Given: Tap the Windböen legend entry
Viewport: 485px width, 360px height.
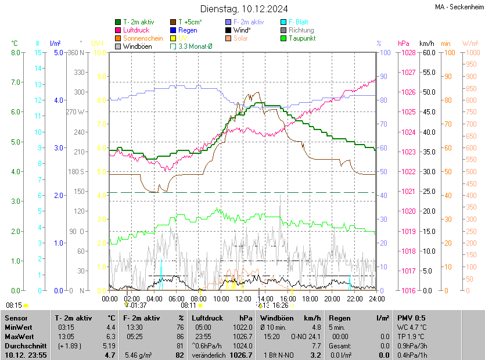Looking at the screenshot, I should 137,46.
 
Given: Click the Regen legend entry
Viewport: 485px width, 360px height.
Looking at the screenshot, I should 188,30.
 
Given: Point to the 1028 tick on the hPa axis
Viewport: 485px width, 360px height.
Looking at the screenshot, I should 408,52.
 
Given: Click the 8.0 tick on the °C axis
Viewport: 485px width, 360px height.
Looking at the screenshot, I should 16,52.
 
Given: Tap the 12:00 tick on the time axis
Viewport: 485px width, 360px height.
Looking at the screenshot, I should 243,298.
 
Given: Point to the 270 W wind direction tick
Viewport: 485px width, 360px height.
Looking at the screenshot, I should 76,111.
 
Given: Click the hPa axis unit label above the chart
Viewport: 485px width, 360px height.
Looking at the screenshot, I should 403,44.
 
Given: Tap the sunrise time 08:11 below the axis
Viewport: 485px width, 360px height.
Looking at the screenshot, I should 188,305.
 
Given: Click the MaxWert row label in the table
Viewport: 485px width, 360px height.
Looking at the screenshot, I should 19,336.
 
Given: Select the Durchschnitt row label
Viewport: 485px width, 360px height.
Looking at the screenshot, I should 21,345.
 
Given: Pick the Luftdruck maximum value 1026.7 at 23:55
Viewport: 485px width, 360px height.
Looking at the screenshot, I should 242,336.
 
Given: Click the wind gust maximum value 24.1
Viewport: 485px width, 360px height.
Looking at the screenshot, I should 314,336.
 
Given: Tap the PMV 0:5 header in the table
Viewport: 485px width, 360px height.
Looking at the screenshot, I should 411,318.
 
